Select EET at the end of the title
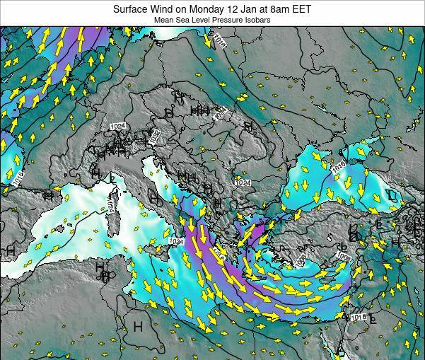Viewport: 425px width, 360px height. click(302, 9)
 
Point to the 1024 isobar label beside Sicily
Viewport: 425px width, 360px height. click(176, 242)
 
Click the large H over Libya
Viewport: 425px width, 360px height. click(137, 326)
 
